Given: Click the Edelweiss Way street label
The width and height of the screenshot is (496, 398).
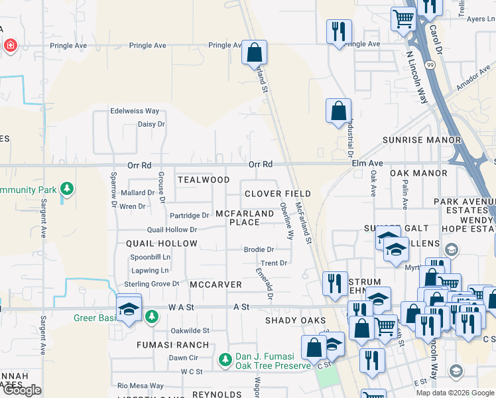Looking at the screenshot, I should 135,111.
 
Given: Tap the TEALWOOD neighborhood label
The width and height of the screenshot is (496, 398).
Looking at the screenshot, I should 204,180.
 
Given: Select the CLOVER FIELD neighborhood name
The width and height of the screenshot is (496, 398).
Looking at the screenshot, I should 268,194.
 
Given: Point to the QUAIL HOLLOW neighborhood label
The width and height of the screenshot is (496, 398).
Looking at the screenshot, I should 162,243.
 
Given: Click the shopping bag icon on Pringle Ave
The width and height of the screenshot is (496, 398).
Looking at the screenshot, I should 254,51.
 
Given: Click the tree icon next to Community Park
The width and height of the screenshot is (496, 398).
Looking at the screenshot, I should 66,189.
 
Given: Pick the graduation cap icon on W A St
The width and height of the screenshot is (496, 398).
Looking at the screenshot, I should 129,308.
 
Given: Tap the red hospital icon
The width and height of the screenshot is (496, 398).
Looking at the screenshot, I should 10,46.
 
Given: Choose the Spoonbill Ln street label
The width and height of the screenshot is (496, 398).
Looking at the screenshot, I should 150,257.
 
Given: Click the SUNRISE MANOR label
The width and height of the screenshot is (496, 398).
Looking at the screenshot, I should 422,140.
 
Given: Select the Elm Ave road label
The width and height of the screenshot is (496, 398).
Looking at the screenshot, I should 367,163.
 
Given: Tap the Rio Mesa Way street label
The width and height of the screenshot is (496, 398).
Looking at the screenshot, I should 140,385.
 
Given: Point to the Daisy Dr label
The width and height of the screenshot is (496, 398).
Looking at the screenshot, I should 151,124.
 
